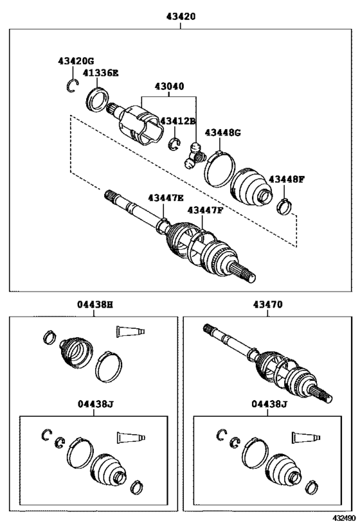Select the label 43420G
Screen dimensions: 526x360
[75, 60]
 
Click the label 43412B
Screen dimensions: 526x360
[177, 121]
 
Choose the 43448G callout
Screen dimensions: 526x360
[222, 132]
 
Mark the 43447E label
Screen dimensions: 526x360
[165, 198]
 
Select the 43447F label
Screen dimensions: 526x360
[205, 209]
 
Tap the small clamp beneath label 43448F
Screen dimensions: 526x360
[284, 206]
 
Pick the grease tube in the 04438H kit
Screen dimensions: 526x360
[130, 331]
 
